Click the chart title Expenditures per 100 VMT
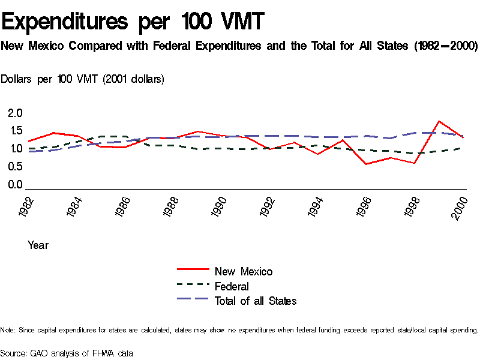(133, 22)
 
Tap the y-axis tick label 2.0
(16, 113)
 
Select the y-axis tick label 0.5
(16, 167)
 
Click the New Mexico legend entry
(243, 272)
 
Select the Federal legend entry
(232, 287)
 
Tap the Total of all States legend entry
(255, 301)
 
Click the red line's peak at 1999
(439, 121)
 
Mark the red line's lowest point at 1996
(366, 164)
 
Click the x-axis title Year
(38, 245)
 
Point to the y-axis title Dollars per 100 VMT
(82, 79)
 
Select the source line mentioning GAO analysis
(67, 353)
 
